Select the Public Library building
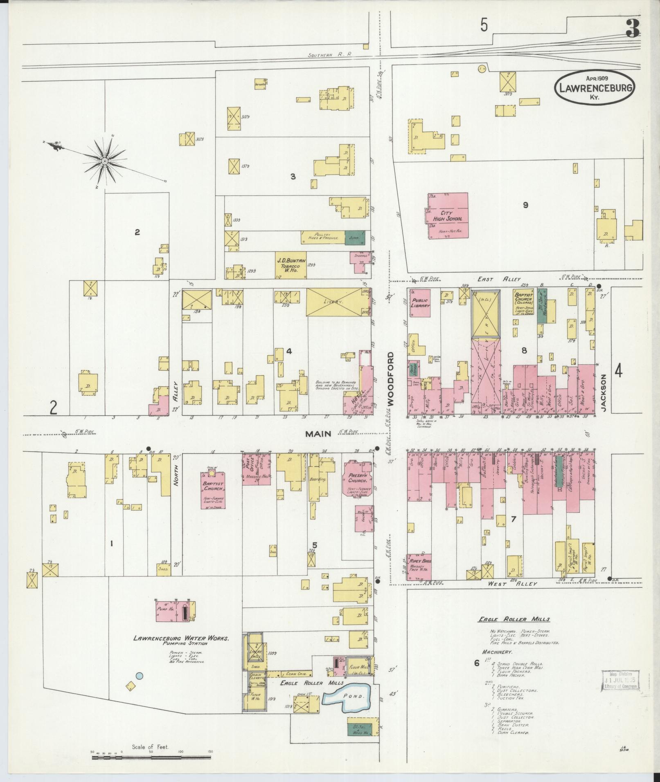(x=420, y=302)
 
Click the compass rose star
(x=105, y=162)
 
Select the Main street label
(x=318, y=434)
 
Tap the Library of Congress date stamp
(x=619, y=681)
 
